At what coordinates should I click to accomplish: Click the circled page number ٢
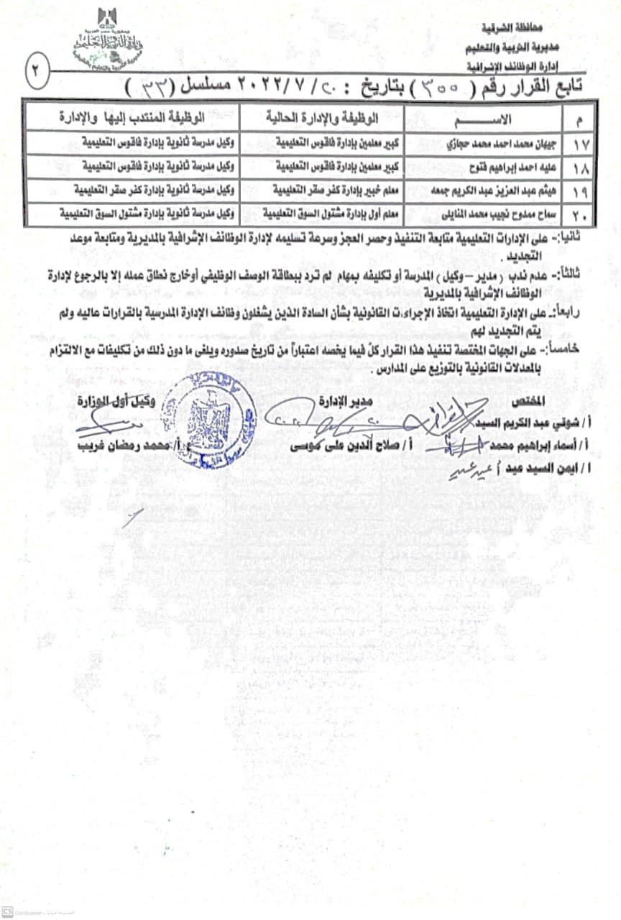coord(34,72)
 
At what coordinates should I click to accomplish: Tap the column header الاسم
coord(495,117)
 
